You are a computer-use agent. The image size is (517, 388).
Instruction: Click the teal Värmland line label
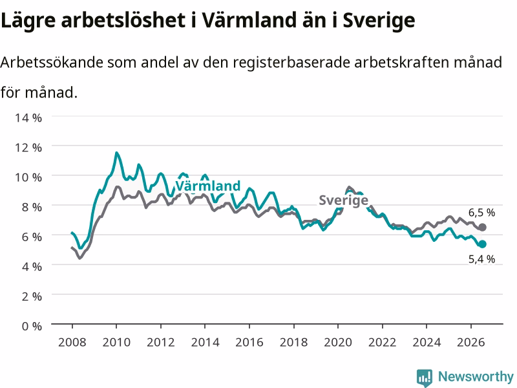click(207, 186)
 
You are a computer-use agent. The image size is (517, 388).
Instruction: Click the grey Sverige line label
click(343, 200)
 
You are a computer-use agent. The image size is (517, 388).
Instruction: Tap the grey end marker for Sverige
click(482, 228)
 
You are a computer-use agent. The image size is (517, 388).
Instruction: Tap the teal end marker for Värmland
click(482, 244)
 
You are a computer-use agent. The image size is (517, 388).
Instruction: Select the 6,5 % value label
click(481, 213)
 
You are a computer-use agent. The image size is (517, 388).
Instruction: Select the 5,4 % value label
click(481, 259)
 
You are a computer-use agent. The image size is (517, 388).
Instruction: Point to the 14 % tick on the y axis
click(28, 118)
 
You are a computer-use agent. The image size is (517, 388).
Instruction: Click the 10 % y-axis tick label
click(28, 177)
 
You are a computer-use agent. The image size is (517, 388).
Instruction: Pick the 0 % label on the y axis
click(32, 327)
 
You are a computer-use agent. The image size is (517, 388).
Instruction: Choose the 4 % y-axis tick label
click(32, 266)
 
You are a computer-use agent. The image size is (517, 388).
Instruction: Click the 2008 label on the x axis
click(72, 342)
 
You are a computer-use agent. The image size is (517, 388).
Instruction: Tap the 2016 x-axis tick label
click(249, 342)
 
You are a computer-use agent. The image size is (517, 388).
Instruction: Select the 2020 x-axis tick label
click(338, 342)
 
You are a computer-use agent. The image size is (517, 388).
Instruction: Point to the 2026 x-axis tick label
click(471, 342)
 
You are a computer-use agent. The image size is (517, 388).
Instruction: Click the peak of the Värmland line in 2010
click(116, 153)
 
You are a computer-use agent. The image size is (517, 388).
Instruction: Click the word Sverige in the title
click(379, 21)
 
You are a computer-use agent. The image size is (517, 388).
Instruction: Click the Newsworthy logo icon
click(425, 377)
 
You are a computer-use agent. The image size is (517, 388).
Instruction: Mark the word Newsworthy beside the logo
click(476, 376)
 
